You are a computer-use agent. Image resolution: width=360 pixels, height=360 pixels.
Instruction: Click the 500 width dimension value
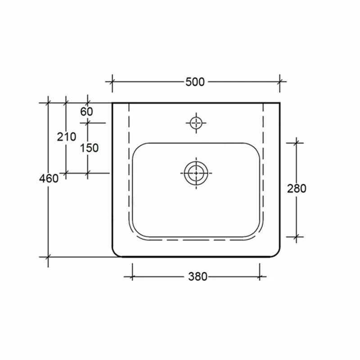(x=195, y=82)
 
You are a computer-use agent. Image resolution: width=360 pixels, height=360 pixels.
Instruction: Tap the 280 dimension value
(x=297, y=189)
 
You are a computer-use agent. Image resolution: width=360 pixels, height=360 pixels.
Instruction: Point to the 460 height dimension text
(x=49, y=178)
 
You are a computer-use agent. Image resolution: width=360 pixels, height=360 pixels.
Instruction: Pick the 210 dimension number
(x=67, y=136)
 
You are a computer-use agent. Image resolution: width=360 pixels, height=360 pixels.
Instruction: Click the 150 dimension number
(x=90, y=148)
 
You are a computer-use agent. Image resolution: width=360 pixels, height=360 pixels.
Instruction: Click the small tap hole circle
(x=196, y=122)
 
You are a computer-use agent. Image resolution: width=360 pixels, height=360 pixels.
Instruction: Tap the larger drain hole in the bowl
(x=196, y=172)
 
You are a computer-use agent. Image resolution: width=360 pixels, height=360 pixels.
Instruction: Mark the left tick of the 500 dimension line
(x=112, y=82)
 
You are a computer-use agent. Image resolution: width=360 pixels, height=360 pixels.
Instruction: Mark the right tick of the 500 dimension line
(x=280, y=82)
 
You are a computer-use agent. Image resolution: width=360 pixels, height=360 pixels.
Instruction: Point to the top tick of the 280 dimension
(x=296, y=143)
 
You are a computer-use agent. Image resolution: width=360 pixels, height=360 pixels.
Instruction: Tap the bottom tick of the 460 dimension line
(x=49, y=257)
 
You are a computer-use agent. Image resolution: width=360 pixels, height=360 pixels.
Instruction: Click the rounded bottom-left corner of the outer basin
(x=116, y=253)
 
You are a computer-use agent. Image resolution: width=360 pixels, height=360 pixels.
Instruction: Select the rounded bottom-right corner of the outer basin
(x=276, y=253)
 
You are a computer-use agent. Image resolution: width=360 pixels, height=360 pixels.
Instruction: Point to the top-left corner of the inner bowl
(x=137, y=148)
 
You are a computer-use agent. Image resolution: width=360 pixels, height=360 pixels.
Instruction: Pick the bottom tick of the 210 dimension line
(x=66, y=172)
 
